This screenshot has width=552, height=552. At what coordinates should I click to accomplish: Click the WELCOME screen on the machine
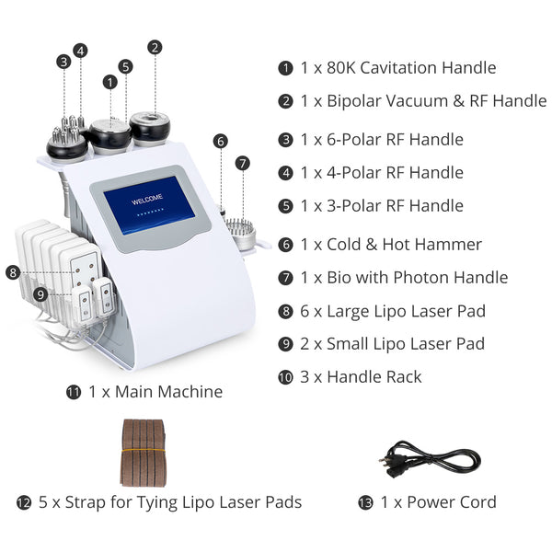coord(149,208)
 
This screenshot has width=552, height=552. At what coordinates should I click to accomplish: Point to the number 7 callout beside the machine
coord(242,163)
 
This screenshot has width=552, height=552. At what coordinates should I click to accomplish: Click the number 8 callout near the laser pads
coord(12,272)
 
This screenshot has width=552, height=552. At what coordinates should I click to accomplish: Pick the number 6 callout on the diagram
coord(220,141)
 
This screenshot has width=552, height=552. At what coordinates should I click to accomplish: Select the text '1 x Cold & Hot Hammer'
coord(391,244)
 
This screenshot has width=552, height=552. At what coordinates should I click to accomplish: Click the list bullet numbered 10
coord(285,376)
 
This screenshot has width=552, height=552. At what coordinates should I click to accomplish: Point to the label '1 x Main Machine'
coord(155,392)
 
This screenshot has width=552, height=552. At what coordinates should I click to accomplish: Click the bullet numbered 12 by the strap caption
coord(24,502)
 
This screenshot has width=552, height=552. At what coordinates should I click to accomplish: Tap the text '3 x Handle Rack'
coord(361,376)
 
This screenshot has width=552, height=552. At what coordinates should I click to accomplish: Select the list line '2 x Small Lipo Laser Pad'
coord(393,343)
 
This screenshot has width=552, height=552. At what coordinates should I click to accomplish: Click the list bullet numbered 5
coord(285,205)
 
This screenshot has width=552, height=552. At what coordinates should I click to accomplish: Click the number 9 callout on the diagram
coord(40,293)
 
